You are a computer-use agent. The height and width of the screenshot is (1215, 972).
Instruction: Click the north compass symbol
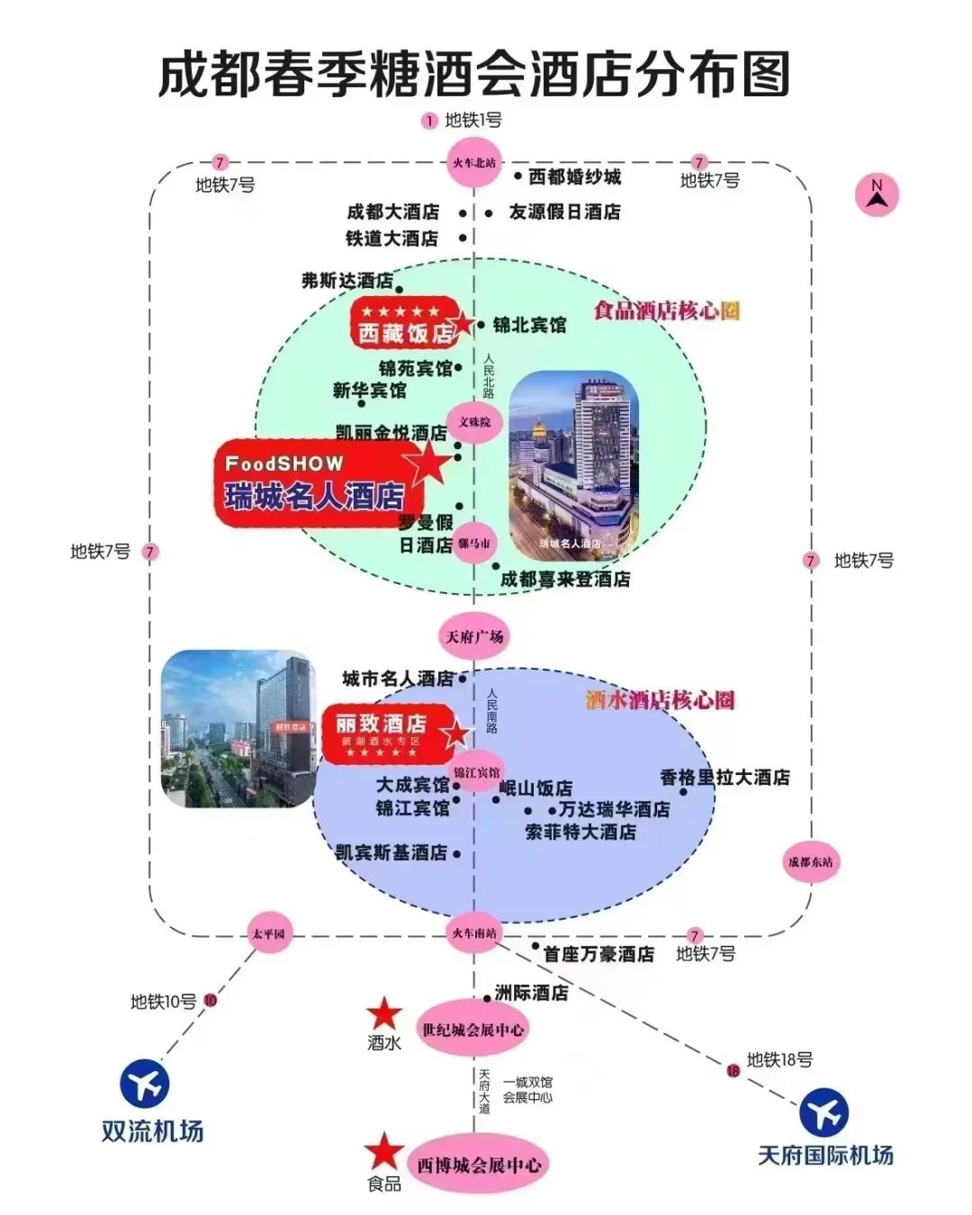[x=877, y=194]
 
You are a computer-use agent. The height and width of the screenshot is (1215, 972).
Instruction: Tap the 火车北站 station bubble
[x=474, y=163]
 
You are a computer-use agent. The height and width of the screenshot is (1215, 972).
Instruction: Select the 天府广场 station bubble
[x=474, y=636]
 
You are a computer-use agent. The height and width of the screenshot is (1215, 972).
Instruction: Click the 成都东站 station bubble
[x=811, y=861]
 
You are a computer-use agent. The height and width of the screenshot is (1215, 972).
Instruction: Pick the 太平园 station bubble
[x=268, y=933]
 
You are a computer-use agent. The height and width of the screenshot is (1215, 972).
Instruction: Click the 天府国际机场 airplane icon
[x=823, y=1112]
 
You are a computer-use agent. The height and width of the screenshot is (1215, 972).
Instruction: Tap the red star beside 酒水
[x=384, y=1013]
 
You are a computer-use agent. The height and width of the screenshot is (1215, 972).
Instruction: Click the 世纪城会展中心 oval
[x=473, y=1029]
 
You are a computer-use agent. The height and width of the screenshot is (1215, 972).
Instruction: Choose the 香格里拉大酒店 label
[x=724, y=777]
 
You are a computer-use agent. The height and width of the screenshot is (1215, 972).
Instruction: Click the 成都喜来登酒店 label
[x=565, y=579]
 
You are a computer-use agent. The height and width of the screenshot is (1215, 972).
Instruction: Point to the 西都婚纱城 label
[x=574, y=176]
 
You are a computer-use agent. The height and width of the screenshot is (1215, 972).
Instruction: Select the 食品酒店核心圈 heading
[x=666, y=310]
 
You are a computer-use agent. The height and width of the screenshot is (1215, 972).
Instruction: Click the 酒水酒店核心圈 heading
[x=660, y=699]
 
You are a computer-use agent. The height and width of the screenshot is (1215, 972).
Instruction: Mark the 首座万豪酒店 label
[x=598, y=954]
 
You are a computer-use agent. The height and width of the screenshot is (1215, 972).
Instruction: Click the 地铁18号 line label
[x=779, y=1059]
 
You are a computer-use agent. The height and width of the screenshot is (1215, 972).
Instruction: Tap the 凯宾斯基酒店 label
[x=391, y=852]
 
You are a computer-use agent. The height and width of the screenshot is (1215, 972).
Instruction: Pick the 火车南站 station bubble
[x=474, y=933]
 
